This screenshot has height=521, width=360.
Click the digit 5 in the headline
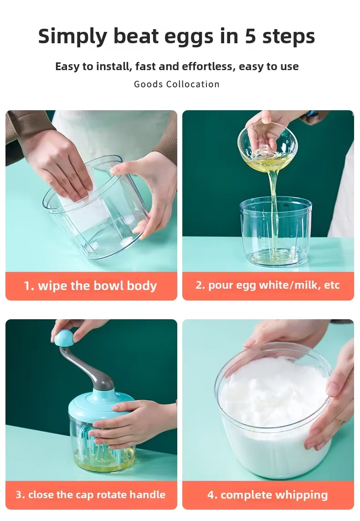(250, 36)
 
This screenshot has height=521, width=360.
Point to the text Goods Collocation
(176, 84)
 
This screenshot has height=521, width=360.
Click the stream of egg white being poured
(273, 213)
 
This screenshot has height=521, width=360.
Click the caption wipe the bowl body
(90, 286)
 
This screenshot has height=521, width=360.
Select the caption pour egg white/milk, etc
(267, 285)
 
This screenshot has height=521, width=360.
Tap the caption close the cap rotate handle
(90, 495)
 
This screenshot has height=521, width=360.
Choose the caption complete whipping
(267, 495)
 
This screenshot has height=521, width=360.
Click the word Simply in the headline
(72, 36)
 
